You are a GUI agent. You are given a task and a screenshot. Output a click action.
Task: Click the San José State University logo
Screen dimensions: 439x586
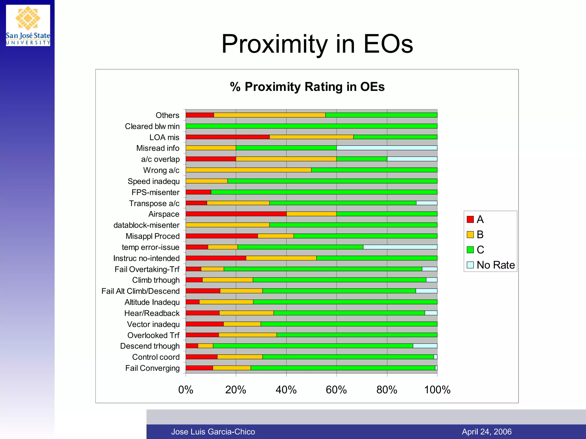click(28, 25)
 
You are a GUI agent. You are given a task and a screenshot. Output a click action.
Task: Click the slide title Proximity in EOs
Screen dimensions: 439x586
click(317, 44)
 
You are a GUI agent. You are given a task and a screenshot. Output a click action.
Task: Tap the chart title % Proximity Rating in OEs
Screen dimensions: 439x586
click(307, 87)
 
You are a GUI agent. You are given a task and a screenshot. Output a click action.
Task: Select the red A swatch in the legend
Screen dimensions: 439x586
click(470, 219)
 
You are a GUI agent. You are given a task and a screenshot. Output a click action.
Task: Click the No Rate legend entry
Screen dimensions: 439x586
click(491, 265)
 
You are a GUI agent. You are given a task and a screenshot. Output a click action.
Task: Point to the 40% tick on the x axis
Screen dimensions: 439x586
click(286, 390)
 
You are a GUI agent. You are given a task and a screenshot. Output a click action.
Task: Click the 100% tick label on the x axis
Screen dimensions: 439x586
click(437, 390)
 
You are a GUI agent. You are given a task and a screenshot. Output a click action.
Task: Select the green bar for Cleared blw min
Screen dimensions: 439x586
click(311, 126)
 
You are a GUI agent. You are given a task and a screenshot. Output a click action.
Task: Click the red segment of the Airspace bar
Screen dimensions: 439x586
click(236, 214)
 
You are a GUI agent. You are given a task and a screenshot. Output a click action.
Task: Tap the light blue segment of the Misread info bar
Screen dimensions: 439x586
click(387, 148)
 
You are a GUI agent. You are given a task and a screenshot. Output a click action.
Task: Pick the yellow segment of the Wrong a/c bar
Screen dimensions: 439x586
click(248, 170)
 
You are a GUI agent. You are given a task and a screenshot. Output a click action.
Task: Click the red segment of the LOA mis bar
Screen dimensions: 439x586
click(227, 137)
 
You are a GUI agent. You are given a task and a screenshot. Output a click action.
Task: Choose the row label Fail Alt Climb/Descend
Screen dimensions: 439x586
click(140, 291)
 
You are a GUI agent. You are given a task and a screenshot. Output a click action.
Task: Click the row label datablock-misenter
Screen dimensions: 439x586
click(146, 225)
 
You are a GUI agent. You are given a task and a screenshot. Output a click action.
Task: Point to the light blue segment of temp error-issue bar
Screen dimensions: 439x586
click(400, 247)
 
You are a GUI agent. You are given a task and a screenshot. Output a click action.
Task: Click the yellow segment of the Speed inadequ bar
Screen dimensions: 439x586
click(207, 181)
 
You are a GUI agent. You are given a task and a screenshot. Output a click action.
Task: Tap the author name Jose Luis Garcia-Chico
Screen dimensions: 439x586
click(213, 432)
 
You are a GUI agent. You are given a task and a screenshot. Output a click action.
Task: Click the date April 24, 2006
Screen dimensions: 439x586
click(486, 432)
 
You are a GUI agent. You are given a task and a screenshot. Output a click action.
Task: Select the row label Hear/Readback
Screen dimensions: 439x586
click(152, 313)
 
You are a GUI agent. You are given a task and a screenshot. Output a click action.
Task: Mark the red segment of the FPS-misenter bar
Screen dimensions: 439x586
click(198, 192)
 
